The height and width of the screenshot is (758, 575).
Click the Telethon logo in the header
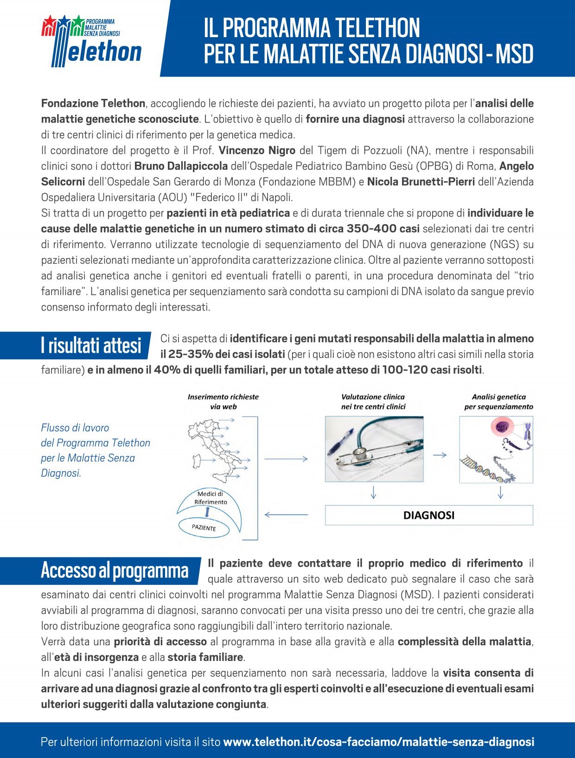91,41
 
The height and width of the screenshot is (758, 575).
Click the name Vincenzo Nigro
257,150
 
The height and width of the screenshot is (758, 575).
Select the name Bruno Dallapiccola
181,166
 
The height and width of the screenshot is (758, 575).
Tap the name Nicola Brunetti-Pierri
421,182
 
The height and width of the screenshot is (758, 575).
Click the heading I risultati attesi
91,346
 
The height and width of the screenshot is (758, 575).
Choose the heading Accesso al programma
115,570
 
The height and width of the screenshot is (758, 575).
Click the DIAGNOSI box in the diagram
429,515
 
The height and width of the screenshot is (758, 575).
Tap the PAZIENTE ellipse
204,528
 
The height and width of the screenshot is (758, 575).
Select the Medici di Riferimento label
211,498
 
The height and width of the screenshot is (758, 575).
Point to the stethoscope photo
374,449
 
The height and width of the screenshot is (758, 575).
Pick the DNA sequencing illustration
496,449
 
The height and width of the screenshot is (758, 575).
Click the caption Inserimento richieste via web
223,402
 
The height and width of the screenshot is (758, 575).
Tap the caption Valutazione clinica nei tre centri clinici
373,402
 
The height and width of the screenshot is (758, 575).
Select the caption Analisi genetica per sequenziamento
498,402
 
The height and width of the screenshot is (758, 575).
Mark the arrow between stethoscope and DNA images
440,455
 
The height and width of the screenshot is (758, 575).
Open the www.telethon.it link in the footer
378,742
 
